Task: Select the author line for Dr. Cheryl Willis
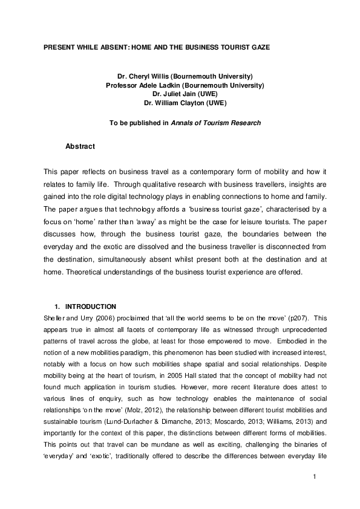(185, 76)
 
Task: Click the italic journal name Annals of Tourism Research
(216, 123)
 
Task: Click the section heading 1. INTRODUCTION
(90, 306)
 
